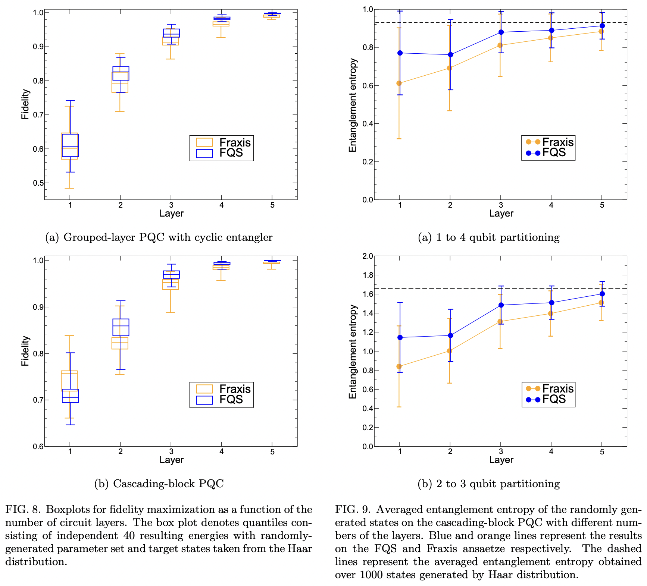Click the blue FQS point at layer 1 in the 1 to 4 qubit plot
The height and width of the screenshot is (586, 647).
[x=400, y=53]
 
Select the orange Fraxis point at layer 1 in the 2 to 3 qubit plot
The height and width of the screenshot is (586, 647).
[x=399, y=366]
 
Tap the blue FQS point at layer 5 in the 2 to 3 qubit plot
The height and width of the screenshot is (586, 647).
[x=602, y=294]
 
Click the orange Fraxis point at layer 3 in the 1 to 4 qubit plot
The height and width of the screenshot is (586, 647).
[x=500, y=45]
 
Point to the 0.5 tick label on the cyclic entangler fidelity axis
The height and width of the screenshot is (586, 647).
[x=38, y=183]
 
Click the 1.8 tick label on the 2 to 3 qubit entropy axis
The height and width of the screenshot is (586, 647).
[x=368, y=275]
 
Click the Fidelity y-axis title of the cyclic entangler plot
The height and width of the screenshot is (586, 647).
[x=25, y=104]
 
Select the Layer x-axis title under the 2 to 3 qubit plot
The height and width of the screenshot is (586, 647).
[x=501, y=460]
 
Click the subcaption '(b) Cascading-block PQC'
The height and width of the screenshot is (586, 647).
[x=159, y=484]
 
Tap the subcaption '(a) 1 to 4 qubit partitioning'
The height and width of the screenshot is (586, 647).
[x=488, y=237]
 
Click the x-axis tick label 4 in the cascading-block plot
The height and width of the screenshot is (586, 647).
[x=222, y=452]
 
